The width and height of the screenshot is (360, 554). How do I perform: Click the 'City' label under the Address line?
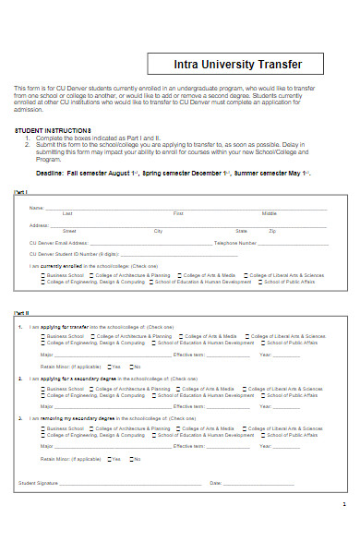pyautogui.click(x=158, y=231)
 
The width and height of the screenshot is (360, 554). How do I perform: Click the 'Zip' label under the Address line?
pyautogui.click(x=271, y=231)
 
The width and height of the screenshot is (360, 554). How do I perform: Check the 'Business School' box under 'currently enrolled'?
pyautogui.click(x=44, y=275)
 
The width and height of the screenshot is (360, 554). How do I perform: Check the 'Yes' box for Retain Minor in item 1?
pyautogui.click(x=109, y=367)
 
